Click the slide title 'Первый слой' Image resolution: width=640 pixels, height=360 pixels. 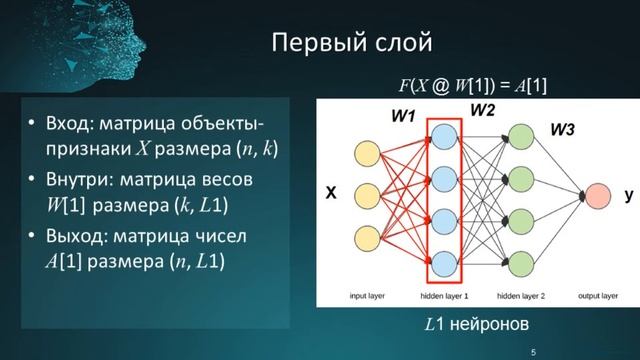pos(351,43)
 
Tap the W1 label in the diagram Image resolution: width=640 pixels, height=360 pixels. pos(403,116)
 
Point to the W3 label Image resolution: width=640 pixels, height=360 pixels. pos(563,129)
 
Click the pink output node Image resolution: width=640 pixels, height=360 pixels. pos(599,197)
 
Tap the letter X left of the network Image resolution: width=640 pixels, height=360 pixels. pos(326,195)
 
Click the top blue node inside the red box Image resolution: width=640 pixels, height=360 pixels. pos(442,135)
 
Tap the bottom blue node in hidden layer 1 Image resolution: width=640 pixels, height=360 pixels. pos(442,261)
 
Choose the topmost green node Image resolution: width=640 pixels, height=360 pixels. pos(520,135)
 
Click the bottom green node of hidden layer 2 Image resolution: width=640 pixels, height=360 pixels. pos(520,261)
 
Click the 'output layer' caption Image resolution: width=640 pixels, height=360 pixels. pos(599,296)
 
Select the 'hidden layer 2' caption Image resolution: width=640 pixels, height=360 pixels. pos(520,296)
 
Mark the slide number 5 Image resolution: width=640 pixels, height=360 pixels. pos(534,351)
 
